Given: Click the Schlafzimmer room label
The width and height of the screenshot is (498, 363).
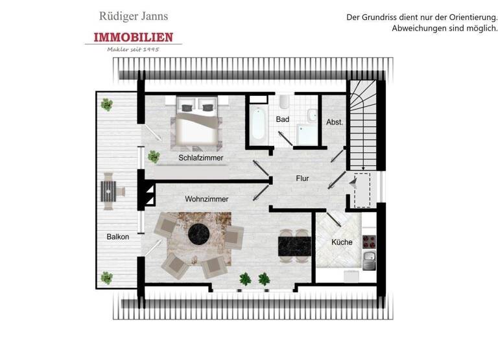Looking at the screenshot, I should coord(201,158).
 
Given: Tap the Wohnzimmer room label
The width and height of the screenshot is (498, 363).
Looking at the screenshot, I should coord(206,200).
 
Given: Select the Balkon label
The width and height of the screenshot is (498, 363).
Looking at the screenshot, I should coord(118,237).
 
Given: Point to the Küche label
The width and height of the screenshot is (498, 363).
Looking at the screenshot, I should coord(342,242).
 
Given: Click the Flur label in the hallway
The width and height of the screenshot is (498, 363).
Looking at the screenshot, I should coord(302,178).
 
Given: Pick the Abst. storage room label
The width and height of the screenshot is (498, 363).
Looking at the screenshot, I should coord(334,122).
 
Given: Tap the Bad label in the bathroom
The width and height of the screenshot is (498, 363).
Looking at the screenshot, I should coord(283,119).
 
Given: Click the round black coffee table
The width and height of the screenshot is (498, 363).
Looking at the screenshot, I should coord(198,235).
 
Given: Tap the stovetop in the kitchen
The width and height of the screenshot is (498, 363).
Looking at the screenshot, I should coord(369,242).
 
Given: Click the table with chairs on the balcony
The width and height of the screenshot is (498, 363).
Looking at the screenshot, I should coord(109,193).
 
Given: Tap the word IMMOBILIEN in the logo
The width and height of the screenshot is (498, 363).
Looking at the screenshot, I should coord(133,38).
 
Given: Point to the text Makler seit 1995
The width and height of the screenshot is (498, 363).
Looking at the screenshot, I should coord(133,49).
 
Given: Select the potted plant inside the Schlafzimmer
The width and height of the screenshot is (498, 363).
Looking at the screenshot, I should coord(154,156).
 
